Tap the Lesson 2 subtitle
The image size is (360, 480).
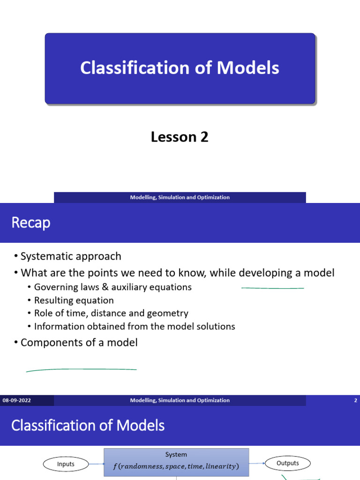pyautogui.click(x=180, y=137)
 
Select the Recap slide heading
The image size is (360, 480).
pyautogui.click(x=30, y=223)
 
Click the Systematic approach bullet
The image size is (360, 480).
pyautogui.click(x=71, y=256)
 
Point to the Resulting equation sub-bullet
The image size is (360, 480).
pyautogui.click(x=74, y=300)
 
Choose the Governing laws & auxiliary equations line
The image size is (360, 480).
pyautogui.click(x=112, y=287)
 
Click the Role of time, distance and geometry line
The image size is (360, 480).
pyautogui.click(x=111, y=313)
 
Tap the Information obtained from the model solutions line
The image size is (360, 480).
pyautogui.click(x=135, y=326)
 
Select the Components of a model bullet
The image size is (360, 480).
pyautogui.click(x=79, y=343)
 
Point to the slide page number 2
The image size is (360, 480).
pyautogui.click(x=356, y=400)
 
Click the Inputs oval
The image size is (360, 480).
pyautogui.click(x=66, y=464)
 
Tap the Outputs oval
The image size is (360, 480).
pyautogui.click(x=288, y=463)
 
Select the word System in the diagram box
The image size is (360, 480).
pyautogui.click(x=176, y=455)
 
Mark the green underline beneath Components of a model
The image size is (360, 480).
pyautogui.click(x=81, y=370)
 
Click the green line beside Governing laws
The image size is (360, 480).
pyautogui.click(x=272, y=288)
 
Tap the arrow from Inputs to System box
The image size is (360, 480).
pyautogui.click(x=96, y=464)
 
